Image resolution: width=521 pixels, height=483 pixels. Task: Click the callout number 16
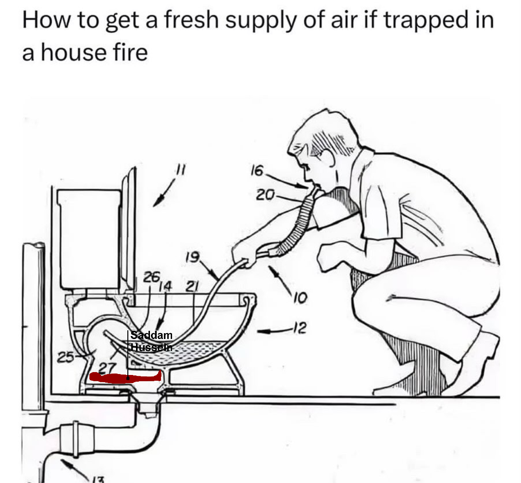pyautogui.click(x=257, y=170)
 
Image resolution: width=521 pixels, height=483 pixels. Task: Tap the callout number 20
pyautogui.click(x=265, y=195)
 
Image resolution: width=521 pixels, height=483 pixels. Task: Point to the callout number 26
pyautogui.click(x=151, y=277)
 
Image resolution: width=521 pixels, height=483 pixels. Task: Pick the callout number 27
pyautogui.click(x=107, y=368)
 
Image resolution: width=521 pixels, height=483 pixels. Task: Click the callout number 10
pyautogui.click(x=300, y=299)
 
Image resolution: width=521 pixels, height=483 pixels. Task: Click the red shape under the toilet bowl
pyautogui.click(x=125, y=377)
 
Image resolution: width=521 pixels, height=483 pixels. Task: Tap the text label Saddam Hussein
pyautogui.click(x=151, y=341)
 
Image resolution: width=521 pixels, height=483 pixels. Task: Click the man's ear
pyautogui.click(x=328, y=158)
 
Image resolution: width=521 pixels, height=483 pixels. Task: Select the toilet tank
pyautogui.click(x=89, y=239)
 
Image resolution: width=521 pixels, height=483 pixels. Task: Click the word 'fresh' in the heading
pyautogui.click(x=191, y=20)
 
